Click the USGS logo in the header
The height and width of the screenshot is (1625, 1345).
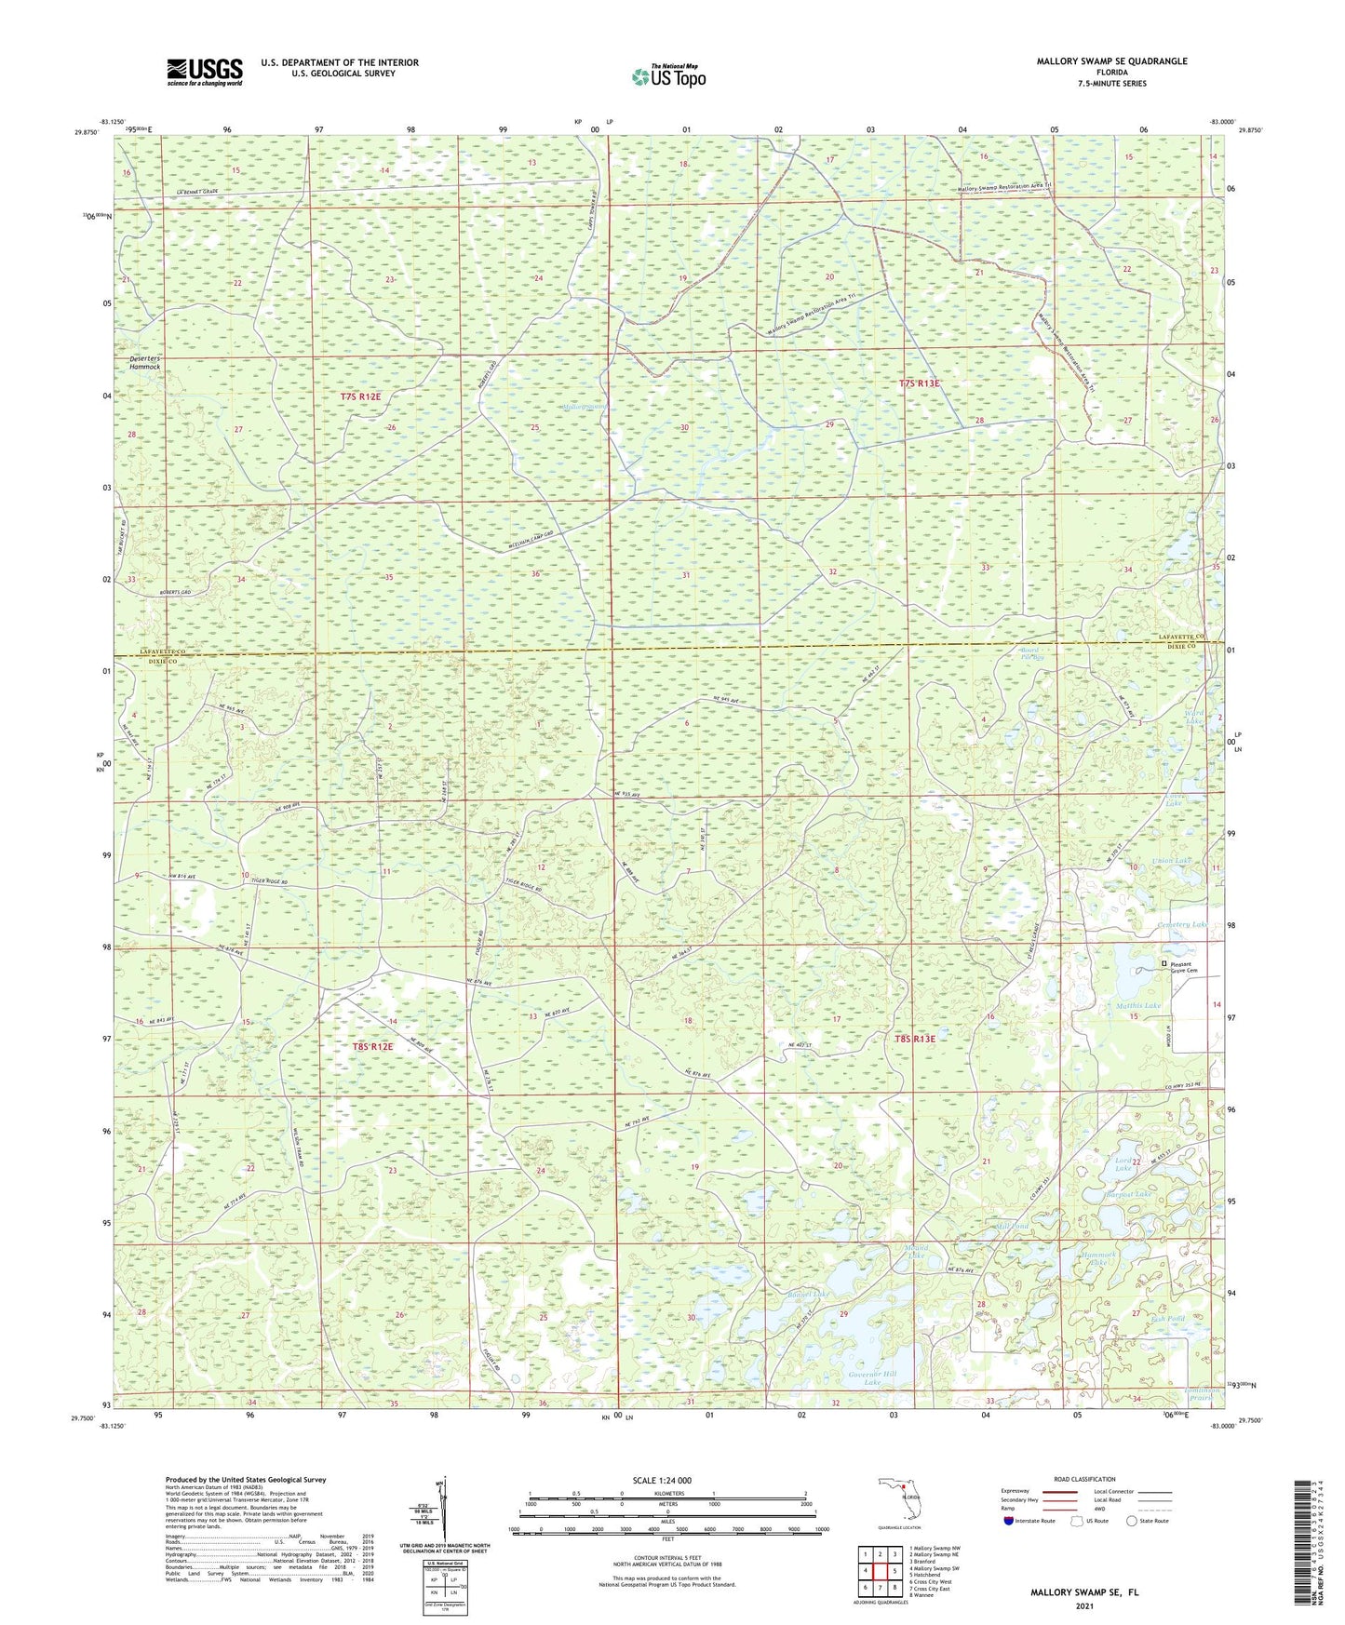tap(205, 71)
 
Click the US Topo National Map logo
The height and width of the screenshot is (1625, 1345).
tap(667, 75)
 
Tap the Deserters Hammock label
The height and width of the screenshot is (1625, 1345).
tap(144, 362)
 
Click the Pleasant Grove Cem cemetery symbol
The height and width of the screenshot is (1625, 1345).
tap(1162, 963)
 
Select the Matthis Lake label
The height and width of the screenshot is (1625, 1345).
tap(1138, 1006)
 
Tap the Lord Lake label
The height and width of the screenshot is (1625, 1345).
tap(1123, 1164)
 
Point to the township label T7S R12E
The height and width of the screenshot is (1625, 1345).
tap(360, 396)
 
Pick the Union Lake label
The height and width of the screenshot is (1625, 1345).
tap(1170, 861)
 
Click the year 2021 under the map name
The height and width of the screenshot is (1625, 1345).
tap(1083, 1606)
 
